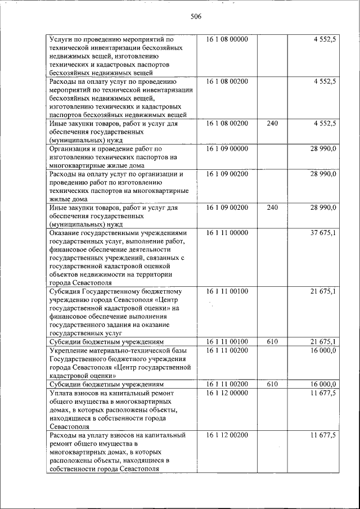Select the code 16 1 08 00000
point(227,40)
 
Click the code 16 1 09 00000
point(227,149)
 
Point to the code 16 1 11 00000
point(227,233)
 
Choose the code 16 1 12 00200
point(227,435)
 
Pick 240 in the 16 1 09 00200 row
point(272,208)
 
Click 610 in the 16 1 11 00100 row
point(272,342)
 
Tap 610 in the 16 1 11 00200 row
point(272,384)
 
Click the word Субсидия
point(65,291)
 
